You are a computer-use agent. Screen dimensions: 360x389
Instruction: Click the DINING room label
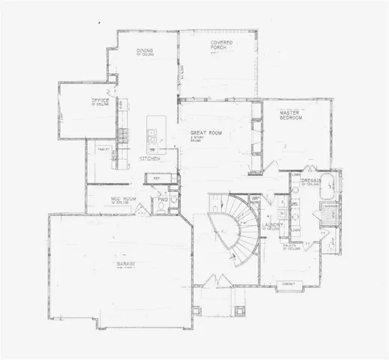coord(145,51)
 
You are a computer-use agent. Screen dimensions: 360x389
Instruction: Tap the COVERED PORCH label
coord(219,45)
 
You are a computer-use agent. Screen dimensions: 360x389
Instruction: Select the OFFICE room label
coord(101,100)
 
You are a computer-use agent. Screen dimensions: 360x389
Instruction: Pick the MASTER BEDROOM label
coord(290,115)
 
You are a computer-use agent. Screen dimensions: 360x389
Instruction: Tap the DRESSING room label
coord(311,181)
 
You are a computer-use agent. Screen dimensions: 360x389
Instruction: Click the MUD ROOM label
coord(115,199)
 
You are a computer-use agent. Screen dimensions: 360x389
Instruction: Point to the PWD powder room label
coord(161,199)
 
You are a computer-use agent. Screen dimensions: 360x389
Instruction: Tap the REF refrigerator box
coord(157,178)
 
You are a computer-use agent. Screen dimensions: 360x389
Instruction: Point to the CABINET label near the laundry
coord(288,283)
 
